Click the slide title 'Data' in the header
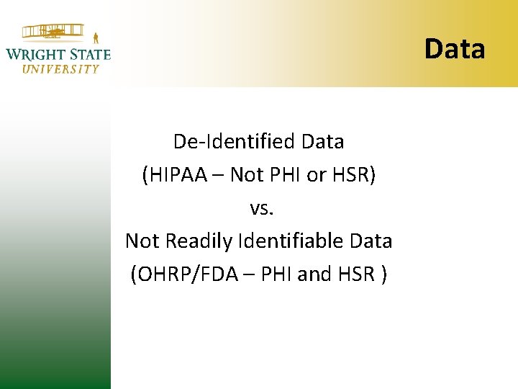(455, 49)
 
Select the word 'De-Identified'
(235, 141)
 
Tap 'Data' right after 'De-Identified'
(323, 141)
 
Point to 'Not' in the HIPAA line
(246, 174)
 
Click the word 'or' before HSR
(317, 174)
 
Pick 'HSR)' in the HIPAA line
(354, 174)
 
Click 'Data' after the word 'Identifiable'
(371, 241)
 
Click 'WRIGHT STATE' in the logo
(58, 54)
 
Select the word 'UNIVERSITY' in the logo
(60, 69)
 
